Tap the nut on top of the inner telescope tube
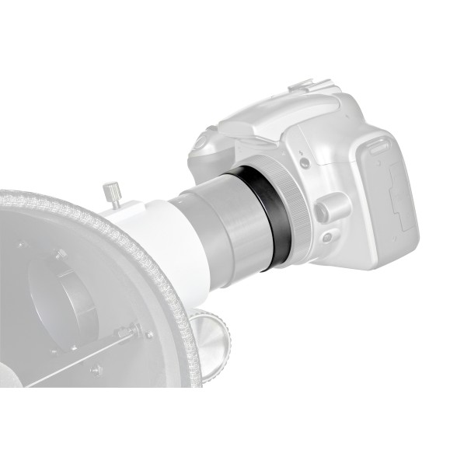[58, 253]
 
